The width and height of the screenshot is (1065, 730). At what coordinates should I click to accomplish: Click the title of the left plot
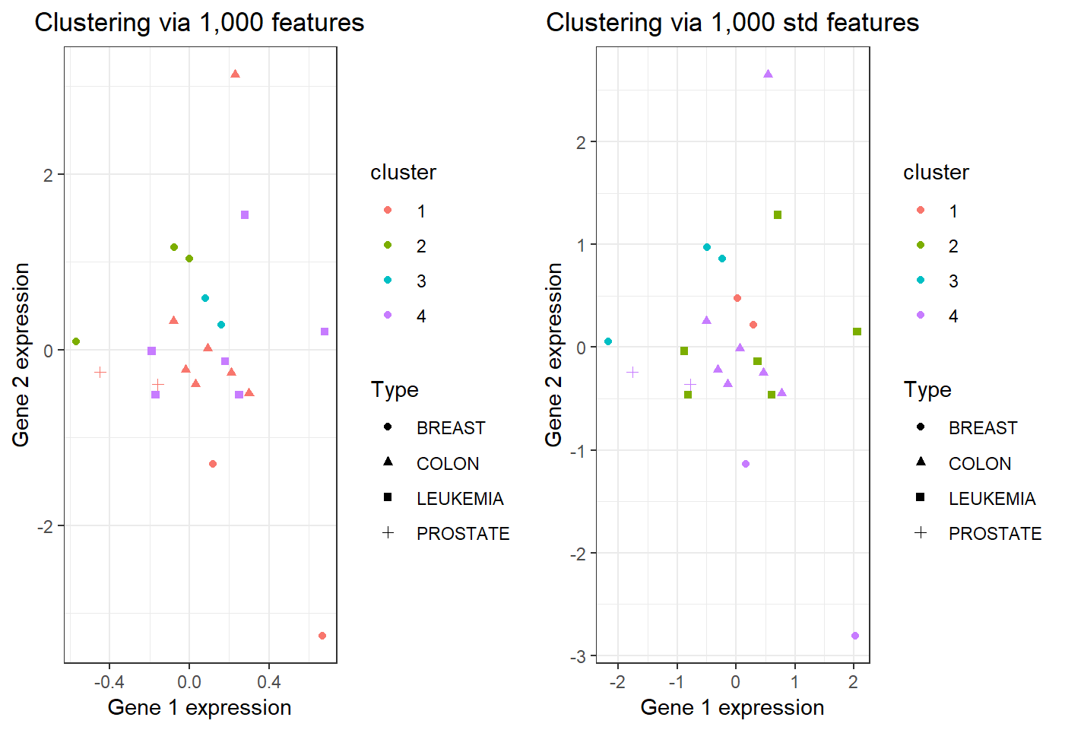click(199, 23)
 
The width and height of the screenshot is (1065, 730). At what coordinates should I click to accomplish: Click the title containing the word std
click(732, 23)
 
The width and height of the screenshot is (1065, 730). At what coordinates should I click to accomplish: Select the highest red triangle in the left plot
click(235, 74)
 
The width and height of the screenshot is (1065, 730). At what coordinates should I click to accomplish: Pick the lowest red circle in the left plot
click(322, 636)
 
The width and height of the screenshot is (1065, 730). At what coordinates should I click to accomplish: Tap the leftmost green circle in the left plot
click(76, 341)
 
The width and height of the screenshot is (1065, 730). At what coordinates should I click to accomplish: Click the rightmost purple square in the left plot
click(325, 332)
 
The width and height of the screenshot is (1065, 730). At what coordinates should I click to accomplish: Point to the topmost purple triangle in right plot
click(768, 74)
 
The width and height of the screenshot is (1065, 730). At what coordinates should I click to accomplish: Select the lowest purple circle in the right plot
click(855, 636)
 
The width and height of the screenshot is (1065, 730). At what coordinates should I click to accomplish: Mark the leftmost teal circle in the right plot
click(608, 341)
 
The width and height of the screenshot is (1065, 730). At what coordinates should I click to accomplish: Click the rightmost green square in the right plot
click(857, 332)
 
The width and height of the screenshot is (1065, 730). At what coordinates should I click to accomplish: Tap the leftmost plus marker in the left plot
click(100, 372)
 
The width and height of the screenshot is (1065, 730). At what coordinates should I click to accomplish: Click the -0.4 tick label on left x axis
click(109, 682)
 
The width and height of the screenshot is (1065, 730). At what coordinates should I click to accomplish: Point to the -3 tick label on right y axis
click(578, 656)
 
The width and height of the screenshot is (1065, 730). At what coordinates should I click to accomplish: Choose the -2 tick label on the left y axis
click(46, 526)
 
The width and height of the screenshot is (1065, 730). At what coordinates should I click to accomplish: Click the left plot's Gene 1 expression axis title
click(199, 708)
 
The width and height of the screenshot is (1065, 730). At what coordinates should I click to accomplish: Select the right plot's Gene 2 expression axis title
click(554, 354)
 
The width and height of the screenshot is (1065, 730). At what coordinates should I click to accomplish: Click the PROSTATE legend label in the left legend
click(463, 534)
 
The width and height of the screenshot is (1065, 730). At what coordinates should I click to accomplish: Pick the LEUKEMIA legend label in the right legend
click(992, 499)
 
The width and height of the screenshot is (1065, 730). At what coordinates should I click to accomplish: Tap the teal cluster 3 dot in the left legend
click(388, 280)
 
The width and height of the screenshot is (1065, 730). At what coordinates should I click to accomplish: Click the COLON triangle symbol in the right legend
click(921, 462)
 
